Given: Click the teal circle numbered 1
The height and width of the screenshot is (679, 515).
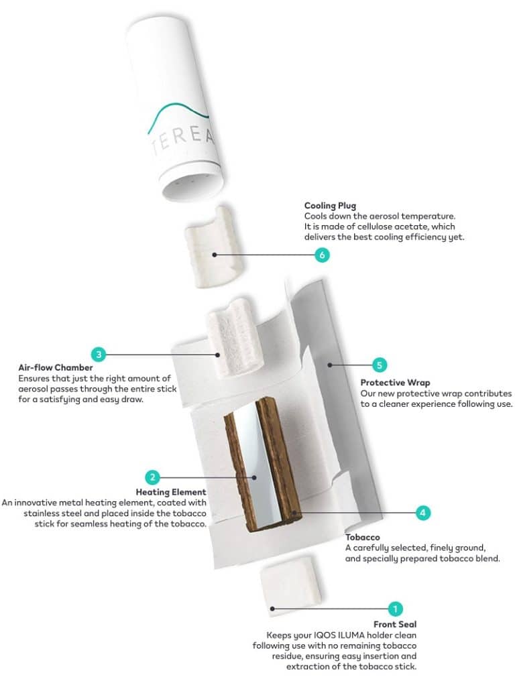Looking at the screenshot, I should (395, 609).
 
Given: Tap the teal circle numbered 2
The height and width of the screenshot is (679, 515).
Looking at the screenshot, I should (154, 477).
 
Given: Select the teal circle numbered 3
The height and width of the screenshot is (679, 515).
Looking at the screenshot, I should (98, 353).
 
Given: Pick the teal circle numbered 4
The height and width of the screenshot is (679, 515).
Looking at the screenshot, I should (422, 513).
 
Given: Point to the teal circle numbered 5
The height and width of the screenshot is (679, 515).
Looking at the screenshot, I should (380, 365).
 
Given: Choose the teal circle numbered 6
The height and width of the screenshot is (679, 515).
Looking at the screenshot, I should (323, 255).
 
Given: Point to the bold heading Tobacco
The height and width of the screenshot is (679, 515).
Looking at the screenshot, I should (363, 538).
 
